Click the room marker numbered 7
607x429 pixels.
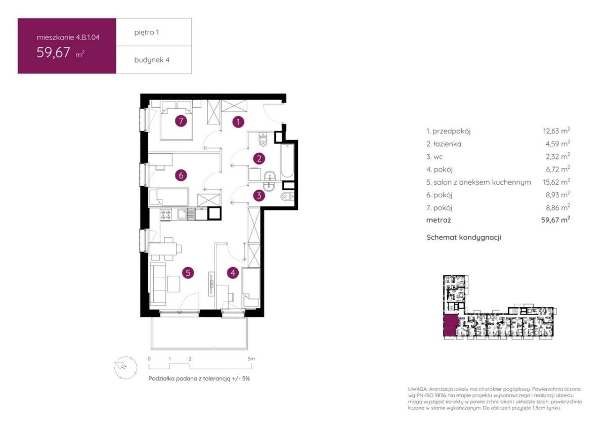coord(181,121)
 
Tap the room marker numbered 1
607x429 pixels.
coord(238,122)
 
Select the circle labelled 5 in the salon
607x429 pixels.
coord(188,273)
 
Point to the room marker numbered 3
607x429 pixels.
coord(259,195)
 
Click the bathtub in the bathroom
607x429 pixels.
coord(287,161)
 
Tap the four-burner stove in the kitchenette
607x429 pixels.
coord(166,214)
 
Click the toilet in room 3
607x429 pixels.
coord(287,196)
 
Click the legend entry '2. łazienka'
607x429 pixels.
coord(444,144)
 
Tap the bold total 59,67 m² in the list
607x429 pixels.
coord(555,220)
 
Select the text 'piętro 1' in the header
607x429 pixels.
coord(147,32)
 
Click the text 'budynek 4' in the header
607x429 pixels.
coord(152,60)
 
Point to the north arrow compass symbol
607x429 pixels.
coord(125,367)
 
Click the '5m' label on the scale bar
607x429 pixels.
coord(251,359)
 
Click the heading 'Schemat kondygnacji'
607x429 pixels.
coord(464,237)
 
